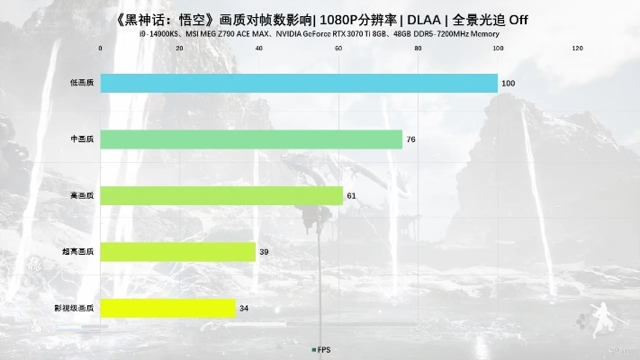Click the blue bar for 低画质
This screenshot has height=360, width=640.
[298, 83]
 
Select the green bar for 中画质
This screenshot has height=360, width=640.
[251, 139]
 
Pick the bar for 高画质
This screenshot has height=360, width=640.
[221, 195]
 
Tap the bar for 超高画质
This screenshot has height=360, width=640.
[177, 252]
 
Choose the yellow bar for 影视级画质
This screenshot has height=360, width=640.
[167, 308]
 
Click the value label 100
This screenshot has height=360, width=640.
[508, 83]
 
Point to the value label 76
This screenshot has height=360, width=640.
[410, 139]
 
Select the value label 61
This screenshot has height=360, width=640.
[351, 195]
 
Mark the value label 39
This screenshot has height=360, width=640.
[264, 252]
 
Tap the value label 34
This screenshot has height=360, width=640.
[244, 308]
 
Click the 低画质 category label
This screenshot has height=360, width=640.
[81, 83]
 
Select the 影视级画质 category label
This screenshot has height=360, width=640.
[75, 308]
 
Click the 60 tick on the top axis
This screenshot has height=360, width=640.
[338, 48]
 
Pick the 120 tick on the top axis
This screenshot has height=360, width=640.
[577, 48]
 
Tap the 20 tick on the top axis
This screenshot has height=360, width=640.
[179, 48]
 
